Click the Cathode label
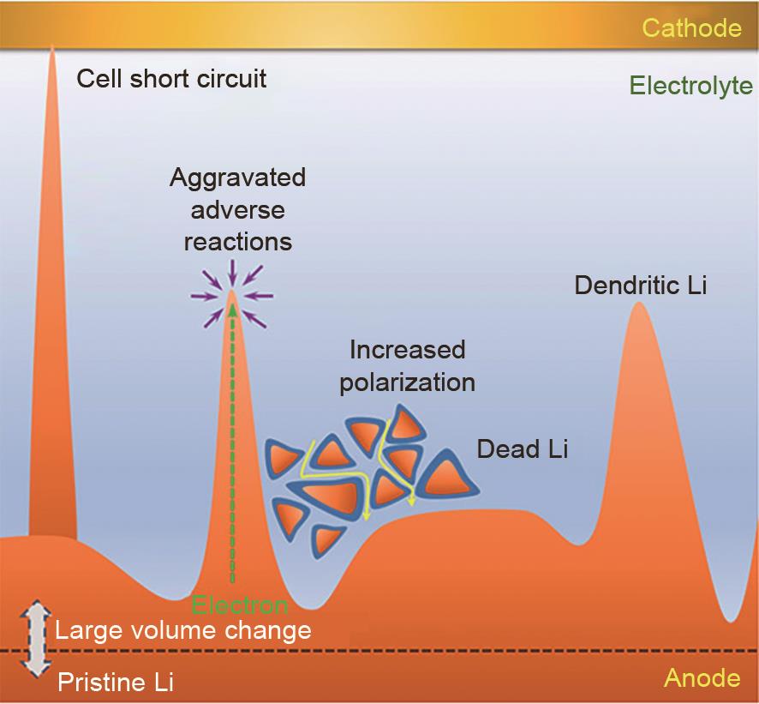click(x=691, y=27)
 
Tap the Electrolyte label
click(x=690, y=86)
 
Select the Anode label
click(x=702, y=677)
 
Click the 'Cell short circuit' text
click(x=171, y=79)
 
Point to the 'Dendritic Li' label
click(x=641, y=285)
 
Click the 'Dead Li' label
click(x=523, y=448)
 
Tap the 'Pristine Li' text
click(x=116, y=683)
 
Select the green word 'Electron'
click(x=240, y=605)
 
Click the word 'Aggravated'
click(x=237, y=178)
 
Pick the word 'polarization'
click(x=407, y=382)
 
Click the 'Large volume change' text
click(x=183, y=630)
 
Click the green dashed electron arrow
click(x=233, y=443)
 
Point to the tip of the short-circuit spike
click(x=51, y=46)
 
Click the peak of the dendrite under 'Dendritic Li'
click(x=639, y=303)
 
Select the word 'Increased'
click(x=408, y=350)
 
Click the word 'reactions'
click(x=237, y=242)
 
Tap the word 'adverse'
click(x=237, y=210)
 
